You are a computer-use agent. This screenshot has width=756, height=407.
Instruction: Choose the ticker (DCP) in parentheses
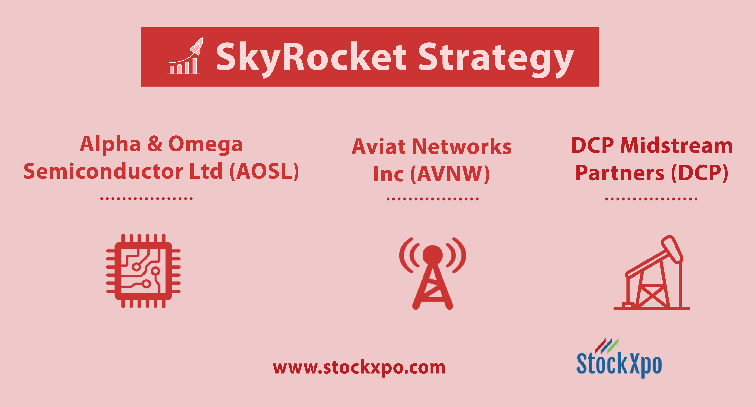coord(700,173)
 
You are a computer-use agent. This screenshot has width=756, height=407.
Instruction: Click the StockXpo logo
coord(619,358)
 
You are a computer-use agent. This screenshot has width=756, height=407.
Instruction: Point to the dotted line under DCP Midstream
coord(651,199)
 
